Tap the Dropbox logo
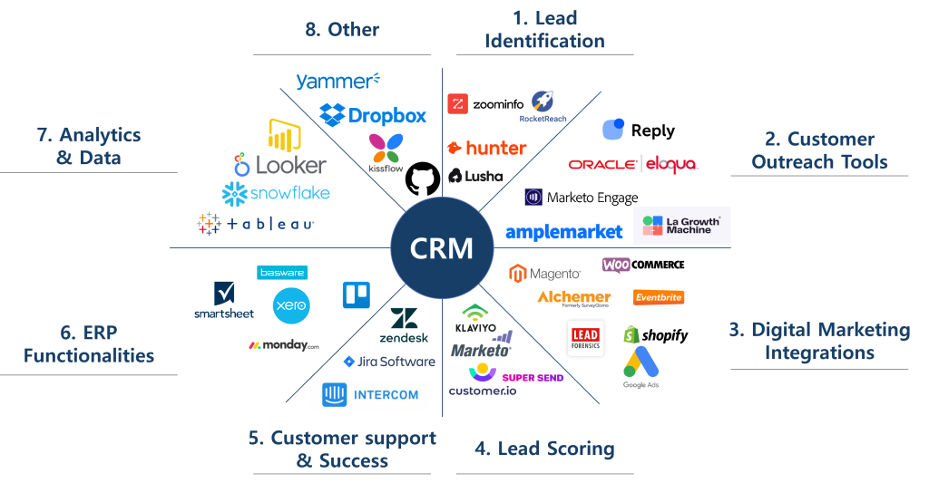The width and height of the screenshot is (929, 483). click(373, 115)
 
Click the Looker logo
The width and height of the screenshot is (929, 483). click(279, 165)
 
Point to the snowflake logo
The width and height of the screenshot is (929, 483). click(276, 193)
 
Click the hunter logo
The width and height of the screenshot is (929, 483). click(486, 148)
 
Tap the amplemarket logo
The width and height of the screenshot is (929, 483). click(563, 232)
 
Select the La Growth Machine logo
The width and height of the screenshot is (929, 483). click(681, 226)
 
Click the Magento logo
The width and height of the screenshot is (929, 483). click(545, 273)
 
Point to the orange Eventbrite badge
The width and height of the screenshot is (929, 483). click(659, 297)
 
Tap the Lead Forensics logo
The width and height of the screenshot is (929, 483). click(585, 338)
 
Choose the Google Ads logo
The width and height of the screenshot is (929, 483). click(641, 360)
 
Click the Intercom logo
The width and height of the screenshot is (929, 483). click(369, 394)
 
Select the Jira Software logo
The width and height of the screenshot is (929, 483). click(389, 362)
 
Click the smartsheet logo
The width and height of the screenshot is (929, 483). click(224, 300)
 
